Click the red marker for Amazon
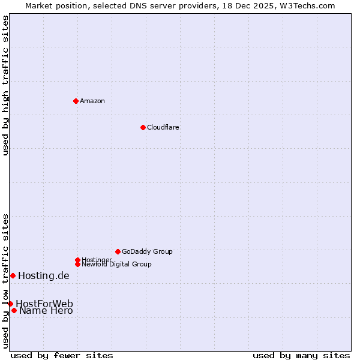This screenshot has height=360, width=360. [x=76, y=101]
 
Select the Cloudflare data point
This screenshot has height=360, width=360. [x=143, y=127]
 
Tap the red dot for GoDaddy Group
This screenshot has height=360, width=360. [x=118, y=251]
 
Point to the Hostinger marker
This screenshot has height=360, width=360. [x=77, y=260]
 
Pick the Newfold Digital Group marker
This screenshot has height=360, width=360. [x=77, y=264]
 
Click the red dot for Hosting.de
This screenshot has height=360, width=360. [x=13, y=275]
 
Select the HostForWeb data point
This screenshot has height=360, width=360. [x=10, y=304]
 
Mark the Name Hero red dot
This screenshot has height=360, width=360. [x=14, y=310]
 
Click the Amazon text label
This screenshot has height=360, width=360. [x=92, y=101]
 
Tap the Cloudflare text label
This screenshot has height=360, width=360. [x=163, y=127]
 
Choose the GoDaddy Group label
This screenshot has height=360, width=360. [x=147, y=251]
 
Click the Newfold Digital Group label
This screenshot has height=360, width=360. [x=116, y=264]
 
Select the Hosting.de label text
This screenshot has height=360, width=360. [x=44, y=276]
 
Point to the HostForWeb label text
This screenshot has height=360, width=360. [x=44, y=304]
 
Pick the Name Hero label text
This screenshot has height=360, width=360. [x=46, y=310]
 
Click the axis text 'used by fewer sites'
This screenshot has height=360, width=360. [x=62, y=355]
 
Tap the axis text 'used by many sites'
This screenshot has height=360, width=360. [x=301, y=355]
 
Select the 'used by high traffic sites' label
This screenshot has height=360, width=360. [x=5, y=85]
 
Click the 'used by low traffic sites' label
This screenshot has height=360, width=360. [x=5, y=280]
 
